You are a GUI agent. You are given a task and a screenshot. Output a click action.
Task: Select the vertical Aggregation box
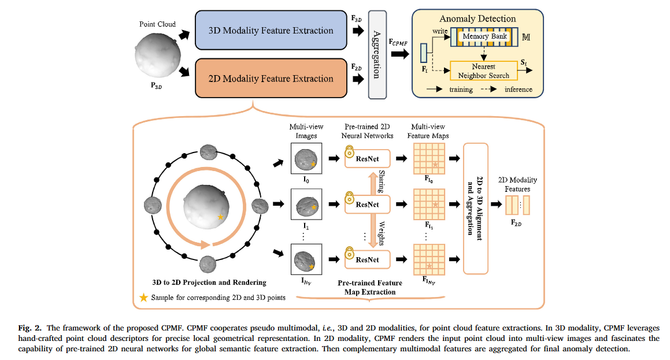[x=377, y=54]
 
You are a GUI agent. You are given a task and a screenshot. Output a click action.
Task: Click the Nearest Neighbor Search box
[x=483, y=71]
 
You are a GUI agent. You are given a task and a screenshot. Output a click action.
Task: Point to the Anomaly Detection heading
[x=477, y=19]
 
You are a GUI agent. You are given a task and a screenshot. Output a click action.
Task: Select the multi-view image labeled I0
[x=305, y=158]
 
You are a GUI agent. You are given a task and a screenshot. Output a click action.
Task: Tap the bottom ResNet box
[x=368, y=259]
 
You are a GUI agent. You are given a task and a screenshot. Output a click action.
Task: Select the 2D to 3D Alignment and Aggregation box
[x=476, y=207]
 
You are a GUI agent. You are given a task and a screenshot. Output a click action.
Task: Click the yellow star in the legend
[x=143, y=298]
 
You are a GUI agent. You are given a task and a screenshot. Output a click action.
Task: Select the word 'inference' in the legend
[x=519, y=89]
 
